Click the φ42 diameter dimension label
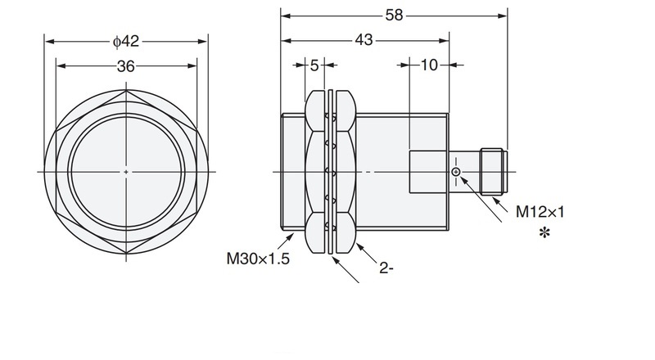point(126,42)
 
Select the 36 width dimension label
point(126,66)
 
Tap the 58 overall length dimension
point(394,16)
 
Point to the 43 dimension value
point(364,40)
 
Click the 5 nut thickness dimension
point(314,65)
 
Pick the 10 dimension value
point(429,65)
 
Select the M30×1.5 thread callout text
point(258,259)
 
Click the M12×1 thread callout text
point(540,212)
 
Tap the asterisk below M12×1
point(544,233)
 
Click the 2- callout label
point(386,268)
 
